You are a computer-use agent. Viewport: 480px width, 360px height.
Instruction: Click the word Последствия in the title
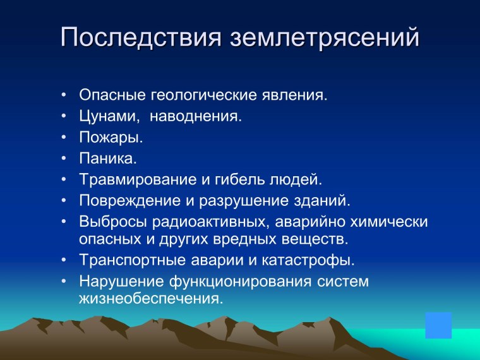(141, 37)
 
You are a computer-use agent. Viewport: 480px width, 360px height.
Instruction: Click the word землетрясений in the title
(324, 37)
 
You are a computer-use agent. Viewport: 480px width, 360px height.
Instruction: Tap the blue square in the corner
(438, 325)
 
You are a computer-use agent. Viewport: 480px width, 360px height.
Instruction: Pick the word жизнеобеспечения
(151, 297)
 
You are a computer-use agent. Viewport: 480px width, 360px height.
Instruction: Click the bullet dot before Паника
(64, 159)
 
